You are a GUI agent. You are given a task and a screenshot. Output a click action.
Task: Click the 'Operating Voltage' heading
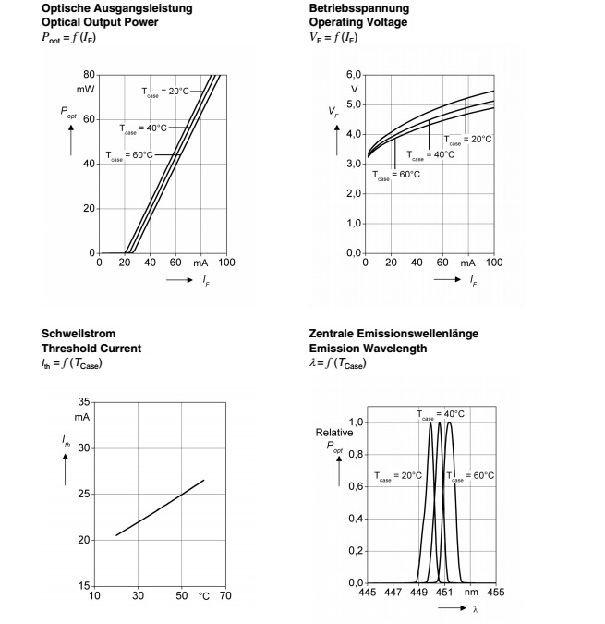tap(357, 21)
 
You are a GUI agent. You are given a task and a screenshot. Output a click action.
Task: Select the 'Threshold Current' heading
tap(91, 349)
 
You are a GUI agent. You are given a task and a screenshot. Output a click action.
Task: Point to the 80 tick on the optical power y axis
tap(88, 75)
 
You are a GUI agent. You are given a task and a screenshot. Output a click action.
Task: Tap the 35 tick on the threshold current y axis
tap(85, 403)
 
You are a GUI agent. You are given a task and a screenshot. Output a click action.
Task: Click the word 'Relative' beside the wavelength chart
tap(334, 432)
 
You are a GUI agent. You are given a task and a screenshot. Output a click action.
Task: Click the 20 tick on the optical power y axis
tap(88, 208)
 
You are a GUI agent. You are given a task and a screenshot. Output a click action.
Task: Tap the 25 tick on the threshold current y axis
tap(85, 495)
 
